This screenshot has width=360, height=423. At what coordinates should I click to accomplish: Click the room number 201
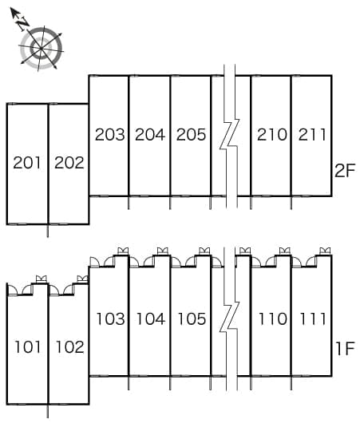point(27,163)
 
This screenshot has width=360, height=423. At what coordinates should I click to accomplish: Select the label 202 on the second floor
point(69,163)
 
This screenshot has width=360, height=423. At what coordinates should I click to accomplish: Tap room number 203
point(110,134)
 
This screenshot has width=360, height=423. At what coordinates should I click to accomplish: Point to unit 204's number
point(150,134)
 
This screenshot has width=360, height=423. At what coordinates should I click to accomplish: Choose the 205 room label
point(191,134)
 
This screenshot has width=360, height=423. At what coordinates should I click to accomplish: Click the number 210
point(272,134)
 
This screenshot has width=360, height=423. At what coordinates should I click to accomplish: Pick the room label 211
point(312,134)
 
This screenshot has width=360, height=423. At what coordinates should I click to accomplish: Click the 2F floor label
point(344,171)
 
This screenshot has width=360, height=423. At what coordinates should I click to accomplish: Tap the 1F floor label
point(345,348)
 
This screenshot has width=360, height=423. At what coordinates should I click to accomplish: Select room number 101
point(28,347)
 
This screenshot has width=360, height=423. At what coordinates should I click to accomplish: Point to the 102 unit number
point(70,347)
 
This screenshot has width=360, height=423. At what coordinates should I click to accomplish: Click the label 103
point(111,318)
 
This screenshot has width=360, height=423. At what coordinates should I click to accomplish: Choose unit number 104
point(151,318)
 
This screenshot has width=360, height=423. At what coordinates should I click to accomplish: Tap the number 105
point(192,318)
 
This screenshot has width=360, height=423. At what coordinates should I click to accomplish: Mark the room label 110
point(273,318)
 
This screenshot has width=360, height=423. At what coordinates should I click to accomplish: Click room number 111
point(313,318)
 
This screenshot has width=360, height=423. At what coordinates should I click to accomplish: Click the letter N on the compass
point(23,23)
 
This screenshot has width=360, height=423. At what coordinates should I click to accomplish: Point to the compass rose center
point(41,49)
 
